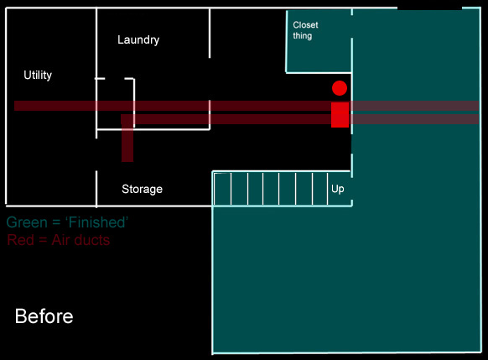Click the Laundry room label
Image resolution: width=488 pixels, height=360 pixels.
click(x=138, y=40)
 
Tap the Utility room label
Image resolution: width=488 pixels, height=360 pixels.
click(x=38, y=75)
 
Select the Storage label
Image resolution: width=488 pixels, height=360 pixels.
click(x=142, y=189)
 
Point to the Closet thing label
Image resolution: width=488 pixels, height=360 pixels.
click(x=305, y=30)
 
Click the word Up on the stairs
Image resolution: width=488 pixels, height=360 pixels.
click(x=338, y=189)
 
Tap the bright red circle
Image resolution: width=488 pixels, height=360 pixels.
click(x=340, y=88)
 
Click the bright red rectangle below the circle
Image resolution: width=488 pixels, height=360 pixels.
click(x=340, y=115)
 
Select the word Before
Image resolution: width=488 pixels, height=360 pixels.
click(x=44, y=316)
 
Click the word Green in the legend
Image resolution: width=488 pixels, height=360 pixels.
click(x=27, y=222)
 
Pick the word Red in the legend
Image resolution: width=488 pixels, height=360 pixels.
click(x=20, y=240)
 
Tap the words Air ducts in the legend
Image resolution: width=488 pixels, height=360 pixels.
click(x=80, y=240)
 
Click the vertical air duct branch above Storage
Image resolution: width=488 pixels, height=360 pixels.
click(x=127, y=143)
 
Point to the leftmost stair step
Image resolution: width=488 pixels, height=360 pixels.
click(x=222, y=189)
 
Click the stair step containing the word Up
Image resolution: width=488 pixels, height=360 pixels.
click(x=340, y=189)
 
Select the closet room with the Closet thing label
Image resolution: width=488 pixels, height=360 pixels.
click(x=319, y=41)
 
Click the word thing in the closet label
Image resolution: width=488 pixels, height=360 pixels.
click(x=302, y=36)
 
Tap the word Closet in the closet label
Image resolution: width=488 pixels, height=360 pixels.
click(x=305, y=25)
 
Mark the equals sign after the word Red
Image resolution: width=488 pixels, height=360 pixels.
click(x=43, y=241)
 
